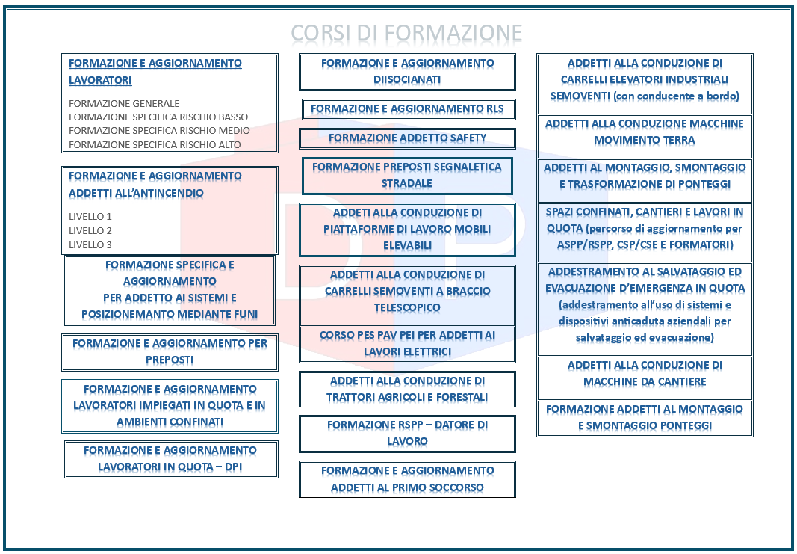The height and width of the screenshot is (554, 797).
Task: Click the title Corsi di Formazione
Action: click(406, 33)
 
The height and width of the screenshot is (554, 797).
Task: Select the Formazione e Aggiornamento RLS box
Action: click(408, 109)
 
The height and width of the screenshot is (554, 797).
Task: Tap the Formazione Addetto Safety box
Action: click(407, 138)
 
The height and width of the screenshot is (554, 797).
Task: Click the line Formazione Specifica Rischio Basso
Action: click(158, 117)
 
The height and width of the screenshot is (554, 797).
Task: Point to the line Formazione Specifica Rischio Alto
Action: click(155, 144)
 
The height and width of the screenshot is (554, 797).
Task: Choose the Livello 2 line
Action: click(90, 230)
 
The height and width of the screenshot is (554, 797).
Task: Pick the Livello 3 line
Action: click(90, 244)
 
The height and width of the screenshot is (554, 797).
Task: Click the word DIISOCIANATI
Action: click(407, 80)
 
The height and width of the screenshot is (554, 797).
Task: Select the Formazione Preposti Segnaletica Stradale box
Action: click(407, 176)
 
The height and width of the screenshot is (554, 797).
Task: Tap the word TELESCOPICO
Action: click(407, 308)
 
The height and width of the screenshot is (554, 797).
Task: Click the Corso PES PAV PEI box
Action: click(407, 344)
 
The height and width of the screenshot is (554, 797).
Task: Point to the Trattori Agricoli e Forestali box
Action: click(407, 390)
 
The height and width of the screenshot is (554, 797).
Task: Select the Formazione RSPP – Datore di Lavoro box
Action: click(407, 434)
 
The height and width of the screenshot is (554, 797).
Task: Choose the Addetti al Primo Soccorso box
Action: click(407, 479)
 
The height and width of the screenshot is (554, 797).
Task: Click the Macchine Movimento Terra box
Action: click(645, 136)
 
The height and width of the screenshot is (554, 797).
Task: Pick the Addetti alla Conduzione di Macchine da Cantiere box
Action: click(645, 378)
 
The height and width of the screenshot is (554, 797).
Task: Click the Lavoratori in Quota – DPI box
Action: click(171, 459)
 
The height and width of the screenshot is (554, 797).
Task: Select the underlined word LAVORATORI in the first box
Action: click(100, 81)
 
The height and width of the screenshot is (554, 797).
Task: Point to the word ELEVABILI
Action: click(407, 246)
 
